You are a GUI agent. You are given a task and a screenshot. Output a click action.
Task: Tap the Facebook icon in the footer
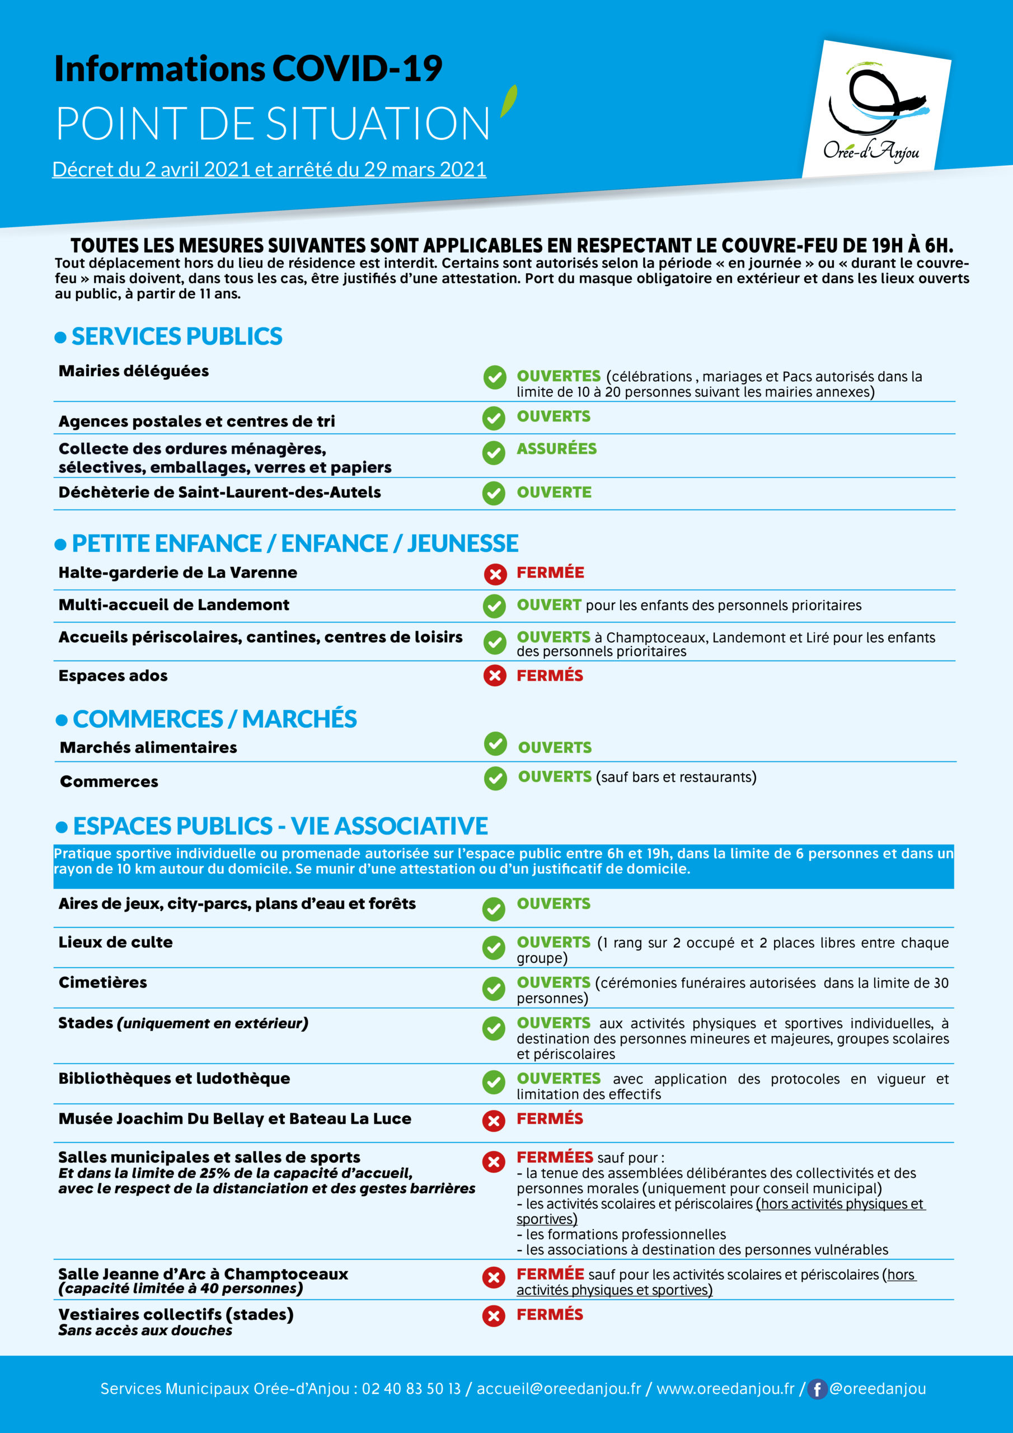point(817,1389)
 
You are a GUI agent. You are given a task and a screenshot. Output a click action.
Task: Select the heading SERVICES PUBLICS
point(177,336)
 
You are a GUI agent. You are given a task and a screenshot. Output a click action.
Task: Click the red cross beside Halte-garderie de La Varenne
point(495,574)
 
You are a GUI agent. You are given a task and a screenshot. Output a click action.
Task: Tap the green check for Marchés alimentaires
point(495,743)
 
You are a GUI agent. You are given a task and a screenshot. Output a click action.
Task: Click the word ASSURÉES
point(556,449)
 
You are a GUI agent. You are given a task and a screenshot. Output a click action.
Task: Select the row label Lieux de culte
point(115,943)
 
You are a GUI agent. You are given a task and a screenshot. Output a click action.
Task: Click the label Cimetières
point(103,982)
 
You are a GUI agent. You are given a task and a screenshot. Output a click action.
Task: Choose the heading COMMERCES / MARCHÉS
point(215,719)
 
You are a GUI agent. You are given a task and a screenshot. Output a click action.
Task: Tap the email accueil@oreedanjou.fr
point(559,1389)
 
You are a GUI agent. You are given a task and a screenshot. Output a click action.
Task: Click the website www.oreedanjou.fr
point(725,1389)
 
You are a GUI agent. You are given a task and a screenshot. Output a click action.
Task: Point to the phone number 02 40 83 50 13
point(411,1389)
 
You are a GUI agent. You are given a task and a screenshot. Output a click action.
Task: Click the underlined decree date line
point(269,169)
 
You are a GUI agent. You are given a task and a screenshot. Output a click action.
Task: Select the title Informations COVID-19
point(248,69)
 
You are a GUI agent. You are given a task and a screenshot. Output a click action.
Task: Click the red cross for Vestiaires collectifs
point(493,1316)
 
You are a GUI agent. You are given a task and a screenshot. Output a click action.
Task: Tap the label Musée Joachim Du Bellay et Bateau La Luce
point(235,1119)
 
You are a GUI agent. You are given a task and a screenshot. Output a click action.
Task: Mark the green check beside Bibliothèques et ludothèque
point(494,1082)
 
